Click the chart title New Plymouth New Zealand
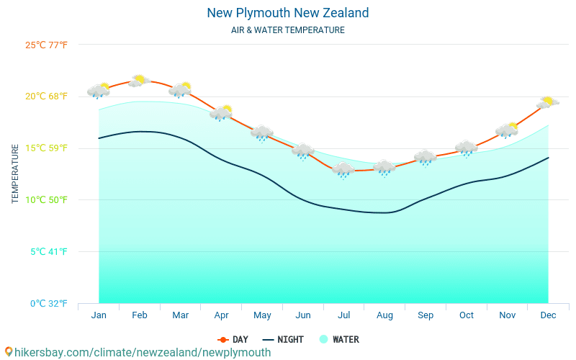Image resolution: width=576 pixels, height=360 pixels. pos(287,13)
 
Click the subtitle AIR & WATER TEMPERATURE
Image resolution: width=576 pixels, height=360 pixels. pos(287,30)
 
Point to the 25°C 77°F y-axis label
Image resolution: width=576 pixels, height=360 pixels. pos(46,45)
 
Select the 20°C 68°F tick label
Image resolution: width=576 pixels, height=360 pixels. pos(46,96)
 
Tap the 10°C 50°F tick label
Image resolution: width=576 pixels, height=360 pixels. pos(46,199)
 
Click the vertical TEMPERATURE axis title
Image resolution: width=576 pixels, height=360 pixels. pos(15,174)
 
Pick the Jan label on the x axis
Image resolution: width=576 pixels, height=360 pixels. pos(99,315)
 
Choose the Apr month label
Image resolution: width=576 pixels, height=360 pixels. pos(221,315)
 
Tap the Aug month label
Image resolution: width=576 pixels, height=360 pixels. pos(384,315)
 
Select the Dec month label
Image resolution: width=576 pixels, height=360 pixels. pos(548,315)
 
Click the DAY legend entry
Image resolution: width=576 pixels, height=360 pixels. pos(233,339)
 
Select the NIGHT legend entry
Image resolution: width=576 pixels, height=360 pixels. pos(283,339)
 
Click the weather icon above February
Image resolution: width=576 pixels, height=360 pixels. pos(138,81)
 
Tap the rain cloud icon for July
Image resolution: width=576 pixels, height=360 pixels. pos(343,170)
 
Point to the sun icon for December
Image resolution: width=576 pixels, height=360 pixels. pos(548,102)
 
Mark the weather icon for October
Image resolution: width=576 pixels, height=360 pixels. pos(467,148)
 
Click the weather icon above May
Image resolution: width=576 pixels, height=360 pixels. pos(262,133)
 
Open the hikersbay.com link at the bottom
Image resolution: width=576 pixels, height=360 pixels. pos(138,352)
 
